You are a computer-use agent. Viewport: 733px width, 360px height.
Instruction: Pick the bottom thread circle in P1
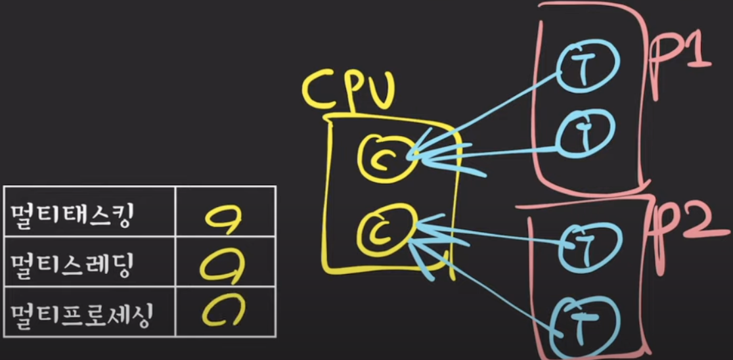586,131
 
